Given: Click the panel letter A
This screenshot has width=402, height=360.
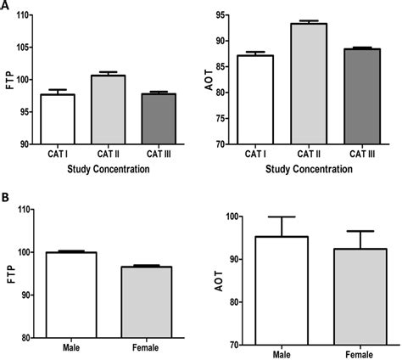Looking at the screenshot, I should click(6, 7).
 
